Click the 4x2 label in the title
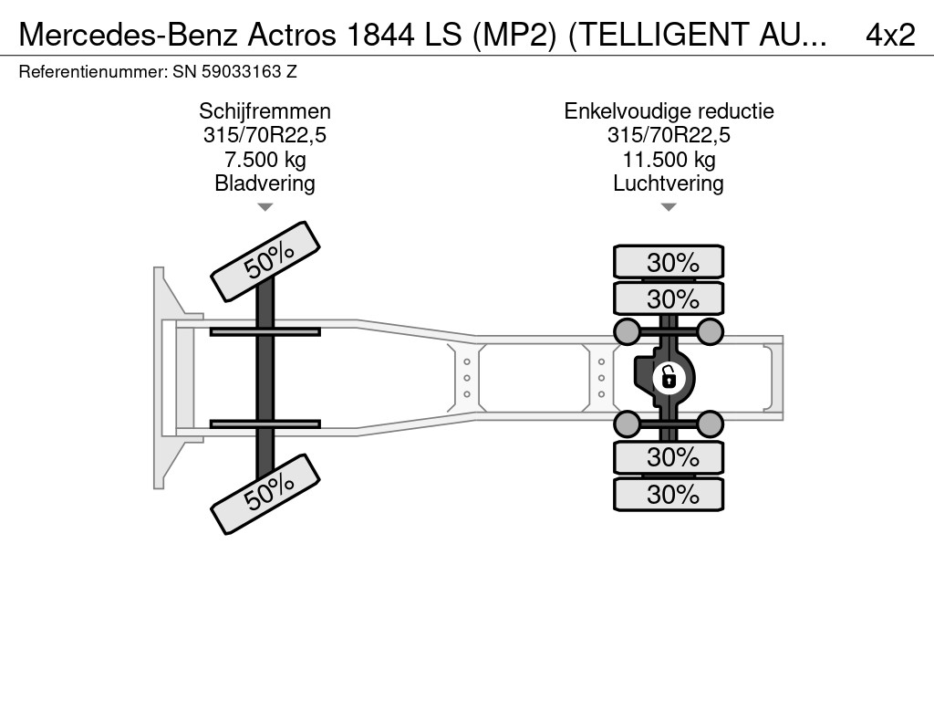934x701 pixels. pyautogui.click(x=890, y=34)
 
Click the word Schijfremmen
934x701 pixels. pyautogui.click(x=265, y=111)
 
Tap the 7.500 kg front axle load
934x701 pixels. pyautogui.click(x=265, y=160)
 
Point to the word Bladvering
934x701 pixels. pyautogui.click(x=265, y=183)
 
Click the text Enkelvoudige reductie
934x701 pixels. pyautogui.click(x=669, y=111)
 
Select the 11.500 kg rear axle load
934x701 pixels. pyautogui.click(x=669, y=160)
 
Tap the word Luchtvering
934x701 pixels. pyautogui.click(x=669, y=183)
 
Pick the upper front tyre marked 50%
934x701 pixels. pyautogui.click(x=266, y=260)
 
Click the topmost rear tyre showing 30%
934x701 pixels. pyautogui.click(x=669, y=263)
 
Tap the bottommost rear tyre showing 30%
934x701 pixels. pyautogui.click(x=669, y=495)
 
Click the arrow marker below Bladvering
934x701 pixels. pyautogui.click(x=265, y=207)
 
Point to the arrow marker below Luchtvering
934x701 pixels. pyautogui.click(x=669, y=207)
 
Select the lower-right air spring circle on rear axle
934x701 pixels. pyautogui.click(x=711, y=423)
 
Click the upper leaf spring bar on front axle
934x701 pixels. pyautogui.click(x=265, y=331)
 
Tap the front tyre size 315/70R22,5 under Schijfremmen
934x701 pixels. pyautogui.click(x=265, y=136)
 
